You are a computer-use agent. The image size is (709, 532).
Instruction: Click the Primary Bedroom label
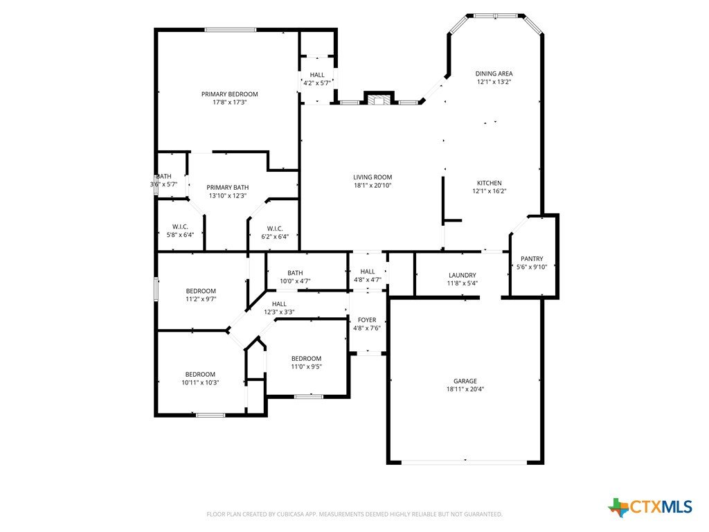(x=230, y=94)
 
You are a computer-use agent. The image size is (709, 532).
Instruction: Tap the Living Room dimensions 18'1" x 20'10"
(x=373, y=186)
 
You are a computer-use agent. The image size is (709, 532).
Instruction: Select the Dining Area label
(x=494, y=73)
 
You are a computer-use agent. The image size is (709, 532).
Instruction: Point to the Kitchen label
(x=490, y=183)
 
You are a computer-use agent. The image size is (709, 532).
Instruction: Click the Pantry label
(x=532, y=259)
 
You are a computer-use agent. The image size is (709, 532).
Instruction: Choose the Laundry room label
(x=462, y=275)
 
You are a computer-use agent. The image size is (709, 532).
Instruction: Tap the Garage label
(x=465, y=381)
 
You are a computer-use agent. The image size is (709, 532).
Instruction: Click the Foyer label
(x=367, y=320)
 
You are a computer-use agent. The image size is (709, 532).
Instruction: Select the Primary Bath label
(x=227, y=187)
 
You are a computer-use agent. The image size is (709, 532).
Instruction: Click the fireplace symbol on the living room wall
(x=379, y=98)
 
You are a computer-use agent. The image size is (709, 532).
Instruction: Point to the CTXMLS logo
(x=650, y=507)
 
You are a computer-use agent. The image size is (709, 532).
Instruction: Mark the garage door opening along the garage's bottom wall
(x=465, y=462)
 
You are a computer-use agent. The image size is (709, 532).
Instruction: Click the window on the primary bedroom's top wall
(x=231, y=30)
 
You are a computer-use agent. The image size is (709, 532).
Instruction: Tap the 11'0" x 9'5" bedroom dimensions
(x=306, y=367)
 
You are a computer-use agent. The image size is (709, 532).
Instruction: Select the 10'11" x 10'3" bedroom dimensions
(x=200, y=382)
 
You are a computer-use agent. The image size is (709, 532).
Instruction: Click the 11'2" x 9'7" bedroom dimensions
(x=201, y=299)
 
